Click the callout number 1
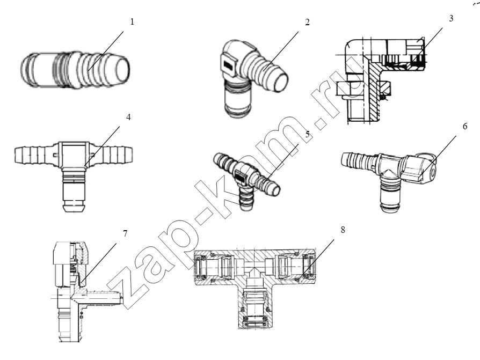coord(132,22)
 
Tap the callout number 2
coord(307,22)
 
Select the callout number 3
coord(451,18)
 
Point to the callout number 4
coord(128,117)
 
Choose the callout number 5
coord(307,134)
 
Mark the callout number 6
coord(465,126)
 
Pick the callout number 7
coord(125,234)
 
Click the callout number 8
coord(343,230)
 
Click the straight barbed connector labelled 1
coord(75,69)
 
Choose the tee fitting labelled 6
coord(389,174)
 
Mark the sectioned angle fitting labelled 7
coord(87,291)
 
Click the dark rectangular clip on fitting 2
coord(229,65)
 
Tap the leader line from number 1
coord(106,51)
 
